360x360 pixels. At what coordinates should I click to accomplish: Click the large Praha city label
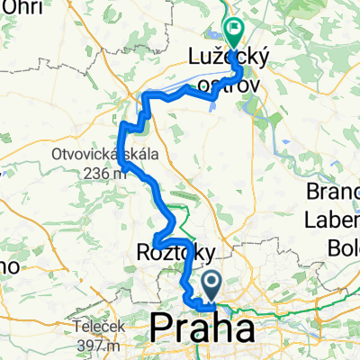pyautogui.click(x=202, y=328)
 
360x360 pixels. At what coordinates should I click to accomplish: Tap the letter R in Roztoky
pyautogui.click(x=143, y=252)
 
